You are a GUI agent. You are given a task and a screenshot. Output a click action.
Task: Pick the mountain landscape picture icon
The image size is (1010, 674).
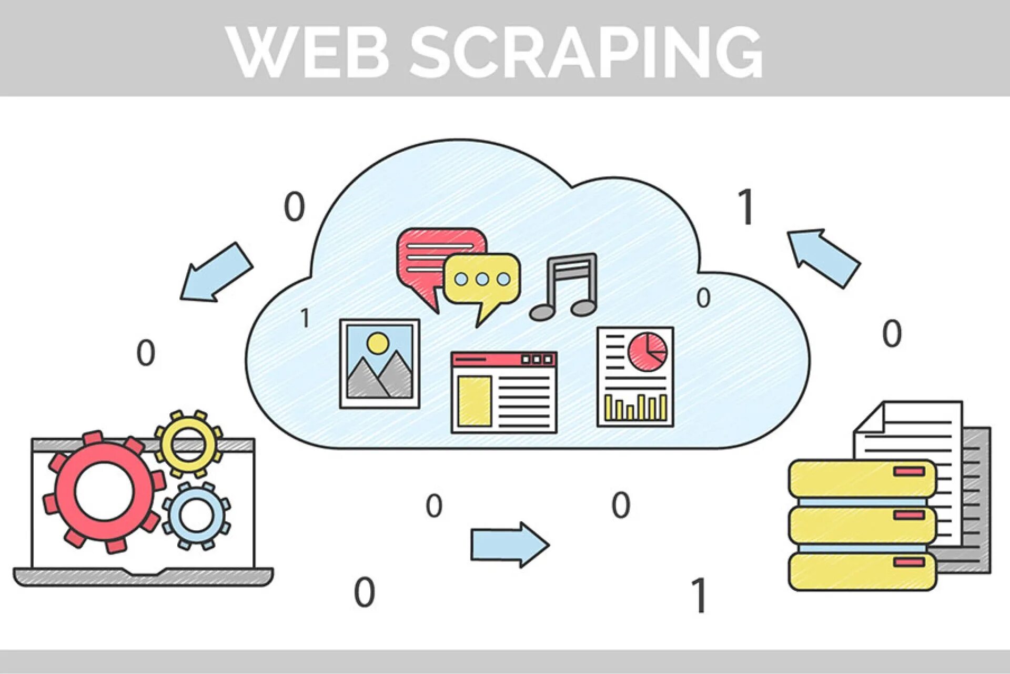[x=379, y=363]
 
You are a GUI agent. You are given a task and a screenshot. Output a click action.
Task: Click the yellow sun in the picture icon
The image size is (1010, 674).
[x=378, y=343]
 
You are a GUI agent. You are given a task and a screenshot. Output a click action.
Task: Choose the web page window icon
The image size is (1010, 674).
[x=503, y=392]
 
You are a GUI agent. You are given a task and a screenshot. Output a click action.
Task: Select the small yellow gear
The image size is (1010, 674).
[x=188, y=443]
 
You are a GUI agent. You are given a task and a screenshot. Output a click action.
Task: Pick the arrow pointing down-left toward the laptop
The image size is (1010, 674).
[x=216, y=273]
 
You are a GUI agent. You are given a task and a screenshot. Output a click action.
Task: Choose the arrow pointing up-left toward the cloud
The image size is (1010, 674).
[x=824, y=257]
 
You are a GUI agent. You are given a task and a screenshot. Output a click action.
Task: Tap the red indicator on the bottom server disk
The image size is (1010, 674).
[x=910, y=562]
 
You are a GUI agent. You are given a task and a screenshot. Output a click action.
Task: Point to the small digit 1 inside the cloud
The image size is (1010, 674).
[x=305, y=318]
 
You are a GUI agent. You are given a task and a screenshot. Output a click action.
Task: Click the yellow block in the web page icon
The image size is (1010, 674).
[x=474, y=401]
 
